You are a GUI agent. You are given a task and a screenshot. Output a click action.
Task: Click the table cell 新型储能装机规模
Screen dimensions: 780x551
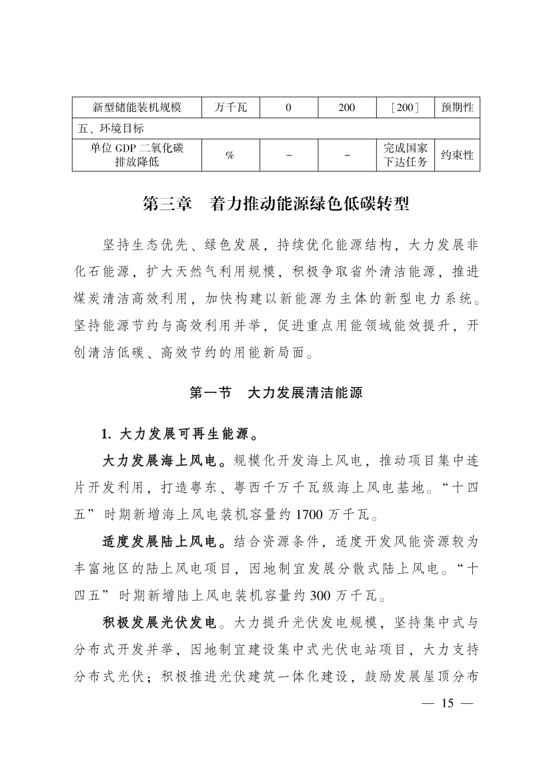[137, 107]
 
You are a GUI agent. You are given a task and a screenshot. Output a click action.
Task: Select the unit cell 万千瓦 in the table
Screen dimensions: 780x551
[230, 107]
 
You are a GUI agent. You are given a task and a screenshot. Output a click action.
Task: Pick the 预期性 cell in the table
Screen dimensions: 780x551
[457, 107]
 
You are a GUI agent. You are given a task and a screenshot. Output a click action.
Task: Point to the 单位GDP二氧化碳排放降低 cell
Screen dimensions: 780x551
[137, 155]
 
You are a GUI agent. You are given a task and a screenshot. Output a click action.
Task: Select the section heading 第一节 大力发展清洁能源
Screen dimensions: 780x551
[275, 392]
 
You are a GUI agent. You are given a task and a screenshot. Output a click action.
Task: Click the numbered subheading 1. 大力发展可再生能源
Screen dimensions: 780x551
[181, 434]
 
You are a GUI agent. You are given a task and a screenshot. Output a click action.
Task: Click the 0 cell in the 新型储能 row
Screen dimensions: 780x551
[288, 107]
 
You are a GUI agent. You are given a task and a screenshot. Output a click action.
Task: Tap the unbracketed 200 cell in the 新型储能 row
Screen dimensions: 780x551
[346, 107]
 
